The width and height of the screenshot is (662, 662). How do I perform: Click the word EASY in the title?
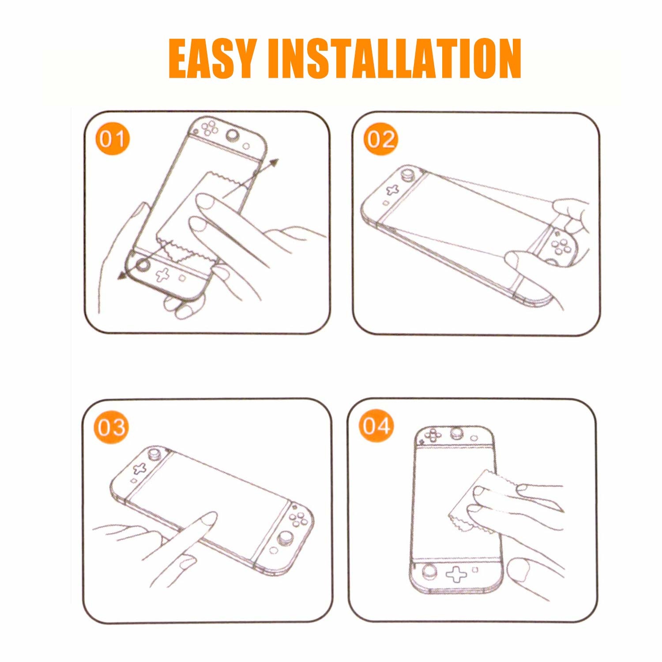click(x=213, y=59)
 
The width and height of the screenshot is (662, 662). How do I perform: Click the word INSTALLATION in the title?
click(x=395, y=59)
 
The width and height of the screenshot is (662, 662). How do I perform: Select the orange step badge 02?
click(x=380, y=139)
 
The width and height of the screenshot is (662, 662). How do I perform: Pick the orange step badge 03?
click(x=111, y=427)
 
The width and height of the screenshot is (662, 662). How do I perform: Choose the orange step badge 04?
click(x=376, y=426)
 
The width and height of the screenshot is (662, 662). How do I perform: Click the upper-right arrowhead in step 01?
click(x=275, y=162)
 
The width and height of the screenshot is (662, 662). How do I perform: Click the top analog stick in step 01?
click(x=231, y=135)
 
